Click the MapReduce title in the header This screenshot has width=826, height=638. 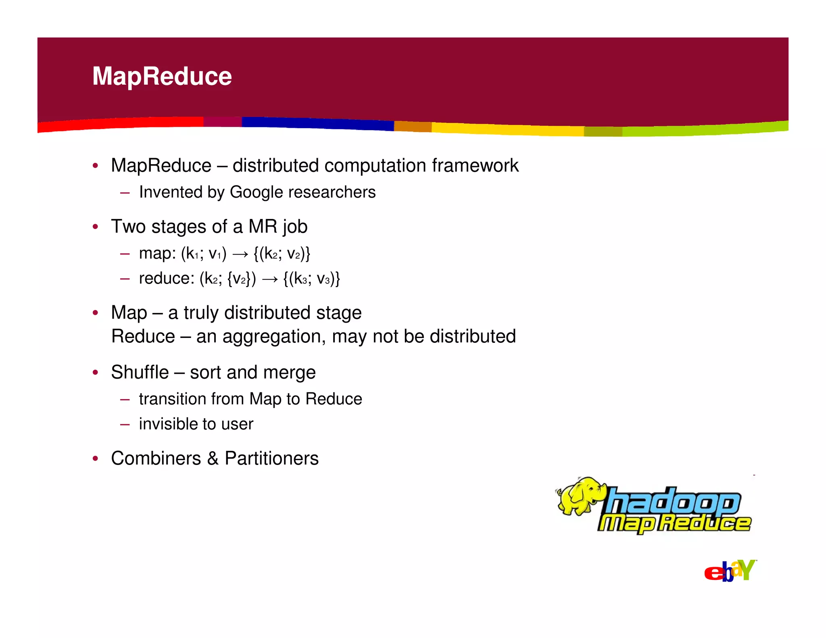tap(162, 76)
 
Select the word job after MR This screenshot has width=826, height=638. tap(295, 227)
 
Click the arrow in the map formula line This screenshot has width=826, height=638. tap(240, 254)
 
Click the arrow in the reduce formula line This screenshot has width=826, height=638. tap(270, 279)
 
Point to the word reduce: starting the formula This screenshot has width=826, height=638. tap(167, 278)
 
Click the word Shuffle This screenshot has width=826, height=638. tap(140, 372)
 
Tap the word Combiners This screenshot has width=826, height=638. tap(156, 458)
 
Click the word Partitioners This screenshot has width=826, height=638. tap(271, 458)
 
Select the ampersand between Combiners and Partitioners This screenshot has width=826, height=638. tap(213, 458)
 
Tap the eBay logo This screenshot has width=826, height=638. tap(730, 571)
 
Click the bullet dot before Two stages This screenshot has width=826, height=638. tap(95, 227)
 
